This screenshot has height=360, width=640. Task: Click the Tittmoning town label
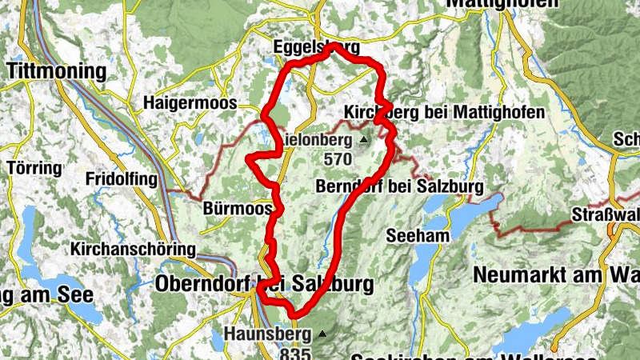click(56, 71)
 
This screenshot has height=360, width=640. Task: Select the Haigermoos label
click(190, 102)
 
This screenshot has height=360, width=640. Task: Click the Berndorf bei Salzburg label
click(400, 187)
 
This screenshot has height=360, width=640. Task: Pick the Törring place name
click(34, 169)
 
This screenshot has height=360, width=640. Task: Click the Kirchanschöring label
click(133, 250)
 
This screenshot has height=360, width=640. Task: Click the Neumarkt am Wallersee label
click(556, 274)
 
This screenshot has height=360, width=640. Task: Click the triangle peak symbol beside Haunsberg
click(322, 333)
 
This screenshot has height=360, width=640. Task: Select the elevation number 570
click(338, 159)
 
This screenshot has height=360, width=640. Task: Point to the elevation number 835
click(293, 352)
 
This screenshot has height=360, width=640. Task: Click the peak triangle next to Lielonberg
click(363, 140)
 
